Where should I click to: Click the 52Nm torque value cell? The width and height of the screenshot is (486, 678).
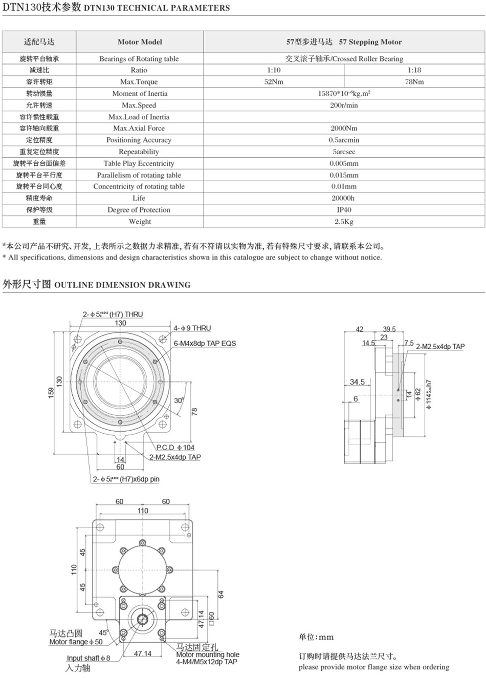point(274,82)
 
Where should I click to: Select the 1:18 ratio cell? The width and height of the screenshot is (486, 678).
point(414,70)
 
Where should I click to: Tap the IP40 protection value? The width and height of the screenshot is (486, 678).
point(344,210)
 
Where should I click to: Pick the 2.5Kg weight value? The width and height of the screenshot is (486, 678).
point(344,222)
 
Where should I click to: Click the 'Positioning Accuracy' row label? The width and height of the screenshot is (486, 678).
point(139,140)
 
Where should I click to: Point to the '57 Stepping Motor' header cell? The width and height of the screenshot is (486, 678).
point(344,42)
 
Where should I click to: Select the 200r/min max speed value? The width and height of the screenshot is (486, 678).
point(344,105)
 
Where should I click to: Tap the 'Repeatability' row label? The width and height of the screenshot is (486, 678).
point(139,152)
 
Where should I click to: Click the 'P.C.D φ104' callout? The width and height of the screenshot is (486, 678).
point(175,448)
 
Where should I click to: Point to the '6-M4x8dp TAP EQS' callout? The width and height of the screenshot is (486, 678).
point(205,343)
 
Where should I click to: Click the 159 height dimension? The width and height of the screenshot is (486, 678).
point(51,392)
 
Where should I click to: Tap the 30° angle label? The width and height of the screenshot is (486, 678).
point(178,400)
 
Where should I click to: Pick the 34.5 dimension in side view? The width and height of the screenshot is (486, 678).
point(357,382)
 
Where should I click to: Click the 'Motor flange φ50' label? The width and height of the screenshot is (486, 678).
point(76,642)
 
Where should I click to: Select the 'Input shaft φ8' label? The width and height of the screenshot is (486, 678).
point(88,658)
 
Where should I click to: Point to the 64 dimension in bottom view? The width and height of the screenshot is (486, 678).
point(221,595)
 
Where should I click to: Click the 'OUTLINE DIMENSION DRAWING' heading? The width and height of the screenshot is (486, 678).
point(122,285)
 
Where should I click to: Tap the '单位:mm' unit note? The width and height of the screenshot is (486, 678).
point(316,637)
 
